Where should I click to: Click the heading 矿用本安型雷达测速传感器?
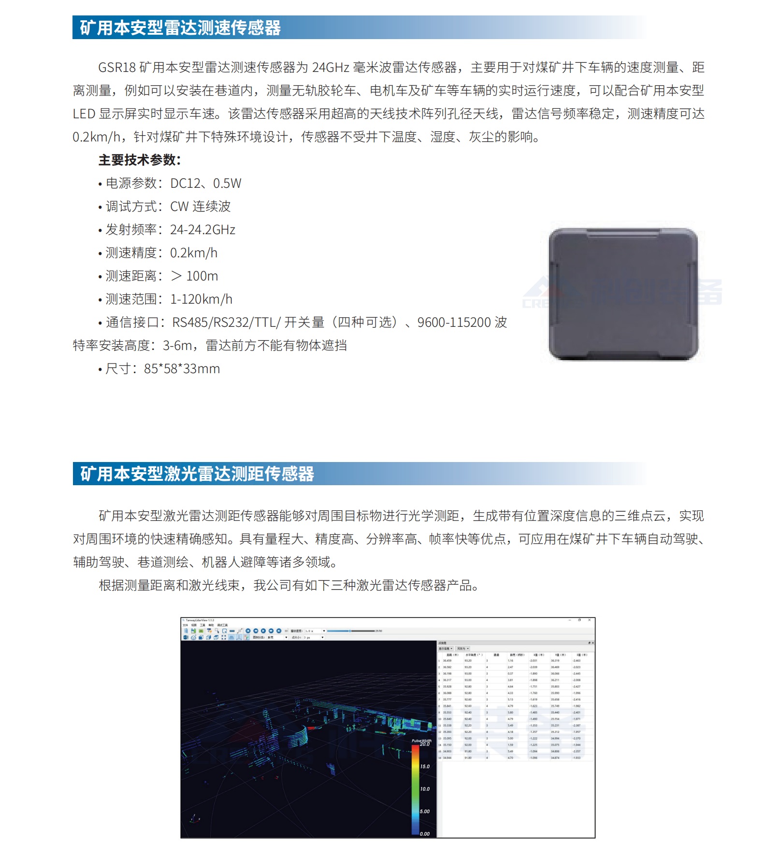[180, 28]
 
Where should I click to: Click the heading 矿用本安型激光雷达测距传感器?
[197, 474]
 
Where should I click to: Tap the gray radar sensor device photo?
[623, 294]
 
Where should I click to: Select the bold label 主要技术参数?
[139, 160]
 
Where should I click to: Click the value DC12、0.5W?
[205, 183]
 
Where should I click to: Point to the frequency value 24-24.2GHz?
[202, 230]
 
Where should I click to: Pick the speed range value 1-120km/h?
[201, 299]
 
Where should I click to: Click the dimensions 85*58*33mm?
[182, 369]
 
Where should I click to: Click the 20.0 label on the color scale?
[424, 744]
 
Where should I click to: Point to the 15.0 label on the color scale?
[425, 766]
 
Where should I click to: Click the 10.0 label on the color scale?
[425, 789]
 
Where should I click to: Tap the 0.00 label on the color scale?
[425, 834]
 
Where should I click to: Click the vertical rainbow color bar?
[415, 789]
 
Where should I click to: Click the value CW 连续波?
[200, 207]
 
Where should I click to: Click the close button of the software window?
[589, 620]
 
